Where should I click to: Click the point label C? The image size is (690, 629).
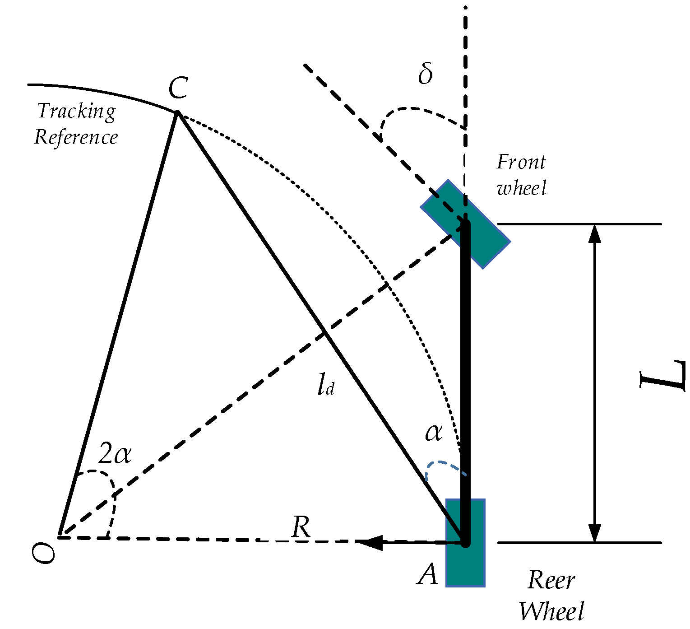pyautogui.click(x=178, y=88)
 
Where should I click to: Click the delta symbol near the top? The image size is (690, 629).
pyautogui.click(x=425, y=74)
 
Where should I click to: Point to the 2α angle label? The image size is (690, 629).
pyautogui.click(x=115, y=453)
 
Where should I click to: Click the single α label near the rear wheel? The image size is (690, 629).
pyautogui.click(x=434, y=433)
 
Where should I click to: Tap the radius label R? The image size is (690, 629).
pyautogui.click(x=301, y=526)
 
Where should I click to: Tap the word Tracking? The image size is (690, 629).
pyautogui.click(x=77, y=112)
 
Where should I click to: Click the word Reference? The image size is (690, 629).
pyautogui.click(x=76, y=137)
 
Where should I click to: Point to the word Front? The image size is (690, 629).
pyautogui.click(x=521, y=162)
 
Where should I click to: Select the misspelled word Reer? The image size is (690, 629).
pyautogui.click(x=551, y=580)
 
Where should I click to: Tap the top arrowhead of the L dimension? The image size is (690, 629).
pyautogui.click(x=595, y=233)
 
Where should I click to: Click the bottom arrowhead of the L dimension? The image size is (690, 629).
pyautogui.click(x=595, y=533)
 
